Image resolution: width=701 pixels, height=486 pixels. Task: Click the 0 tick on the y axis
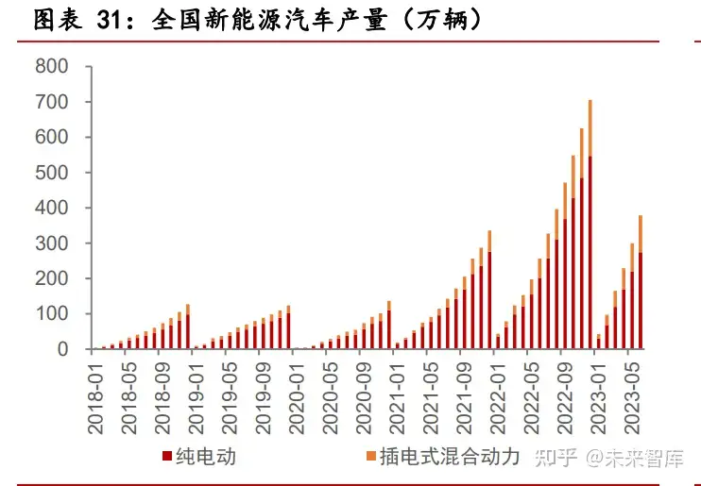tap(62, 349)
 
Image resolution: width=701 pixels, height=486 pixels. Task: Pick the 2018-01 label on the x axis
tap(95, 396)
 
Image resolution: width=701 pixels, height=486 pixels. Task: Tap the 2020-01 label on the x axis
tap(296, 396)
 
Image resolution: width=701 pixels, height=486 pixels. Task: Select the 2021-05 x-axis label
tap(430, 396)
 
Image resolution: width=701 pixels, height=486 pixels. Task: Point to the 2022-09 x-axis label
tap(564, 396)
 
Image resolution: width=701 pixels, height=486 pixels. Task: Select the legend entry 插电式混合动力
tap(449, 458)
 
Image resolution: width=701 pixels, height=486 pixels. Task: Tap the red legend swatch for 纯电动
tap(166, 458)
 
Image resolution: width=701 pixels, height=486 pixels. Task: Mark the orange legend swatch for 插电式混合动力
tap(369, 458)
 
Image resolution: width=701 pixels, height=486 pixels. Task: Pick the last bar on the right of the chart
tap(640, 293)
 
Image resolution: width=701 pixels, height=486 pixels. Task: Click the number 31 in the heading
tap(113, 22)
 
